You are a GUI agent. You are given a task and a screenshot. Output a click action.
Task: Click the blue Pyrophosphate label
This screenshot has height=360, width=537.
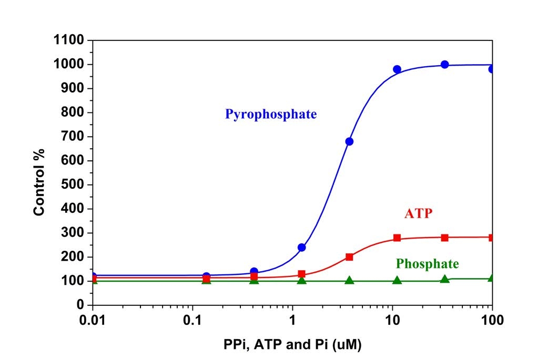[x=271, y=114]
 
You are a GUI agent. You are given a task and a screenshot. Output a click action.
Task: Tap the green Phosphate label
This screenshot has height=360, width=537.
[x=427, y=263]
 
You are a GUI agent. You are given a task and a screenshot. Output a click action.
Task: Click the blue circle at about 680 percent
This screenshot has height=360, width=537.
[x=349, y=141]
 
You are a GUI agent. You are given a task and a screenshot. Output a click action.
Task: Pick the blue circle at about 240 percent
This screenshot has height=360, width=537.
[x=302, y=247]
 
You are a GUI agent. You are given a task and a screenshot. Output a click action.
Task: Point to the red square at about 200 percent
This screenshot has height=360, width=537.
[x=349, y=257]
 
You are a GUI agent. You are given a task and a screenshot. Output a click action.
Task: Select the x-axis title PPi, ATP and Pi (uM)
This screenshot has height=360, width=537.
[x=292, y=345]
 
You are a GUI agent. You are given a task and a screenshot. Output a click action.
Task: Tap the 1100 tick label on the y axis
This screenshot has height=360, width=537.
[x=69, y=40]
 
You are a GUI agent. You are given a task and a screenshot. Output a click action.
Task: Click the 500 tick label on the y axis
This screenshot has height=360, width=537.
[x=74, y=185]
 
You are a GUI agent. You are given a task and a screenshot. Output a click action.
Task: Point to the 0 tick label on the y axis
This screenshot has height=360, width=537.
[x=80, y=305]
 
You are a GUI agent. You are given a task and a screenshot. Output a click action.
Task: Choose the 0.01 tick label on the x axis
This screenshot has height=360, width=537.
[x=93, y=320]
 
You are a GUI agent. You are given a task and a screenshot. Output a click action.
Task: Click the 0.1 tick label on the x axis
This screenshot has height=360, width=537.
[x=193, y=320]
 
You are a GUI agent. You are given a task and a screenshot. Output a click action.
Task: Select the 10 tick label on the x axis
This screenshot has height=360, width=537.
[x=392, y=320]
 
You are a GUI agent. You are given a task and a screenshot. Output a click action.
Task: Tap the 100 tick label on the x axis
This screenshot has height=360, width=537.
[x=492, y=320]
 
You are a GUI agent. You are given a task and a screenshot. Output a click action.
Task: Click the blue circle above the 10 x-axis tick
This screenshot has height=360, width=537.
[x=397, y=69]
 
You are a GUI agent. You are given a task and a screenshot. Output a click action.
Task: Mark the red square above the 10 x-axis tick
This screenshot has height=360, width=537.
[x=397, y=238]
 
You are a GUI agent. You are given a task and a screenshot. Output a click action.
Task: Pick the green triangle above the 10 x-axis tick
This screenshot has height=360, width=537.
[x=397, y=280]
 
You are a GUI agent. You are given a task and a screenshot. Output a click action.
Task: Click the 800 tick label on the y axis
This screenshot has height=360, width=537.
[x=74, y=112]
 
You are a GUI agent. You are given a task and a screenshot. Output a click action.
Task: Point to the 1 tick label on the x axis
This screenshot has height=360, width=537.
[x=292, y=320]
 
